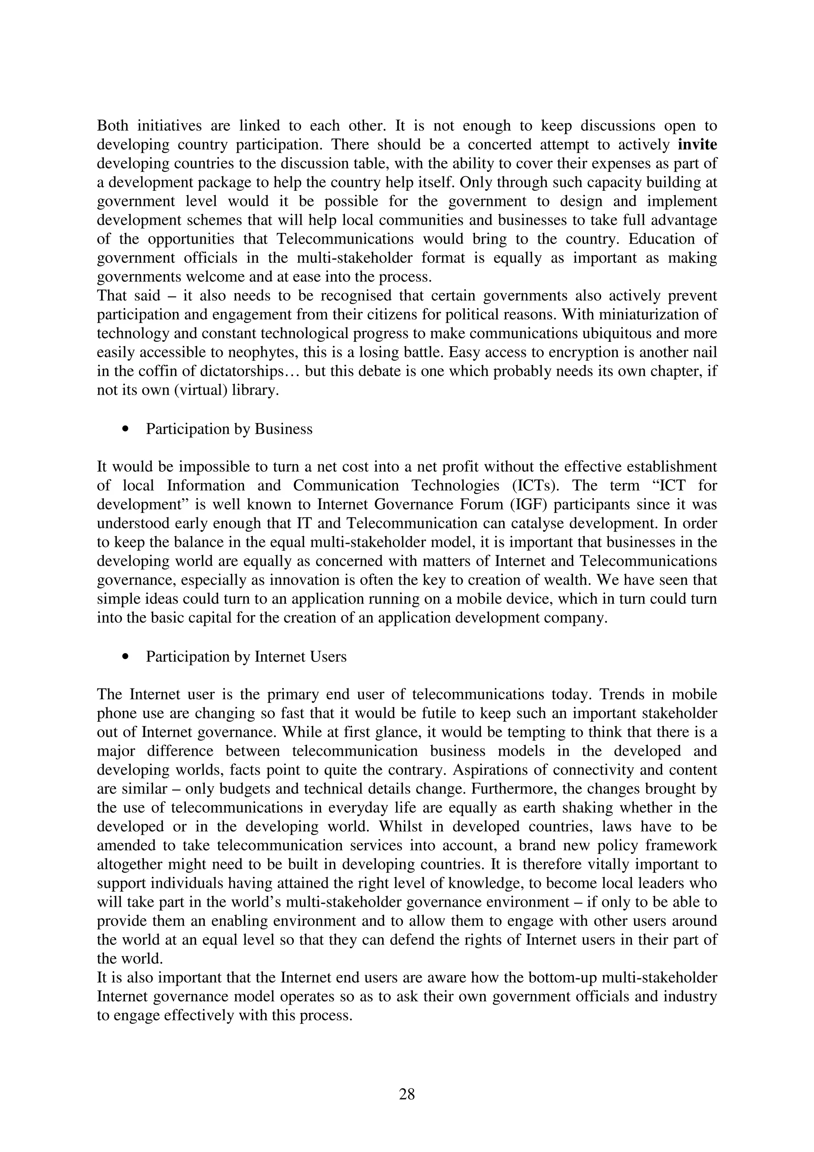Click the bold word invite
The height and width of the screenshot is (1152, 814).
(697, 145)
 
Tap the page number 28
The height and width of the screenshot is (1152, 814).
(407, 1094)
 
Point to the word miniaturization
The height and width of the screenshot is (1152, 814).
(640, 314)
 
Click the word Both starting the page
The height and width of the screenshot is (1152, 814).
(112, 126)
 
